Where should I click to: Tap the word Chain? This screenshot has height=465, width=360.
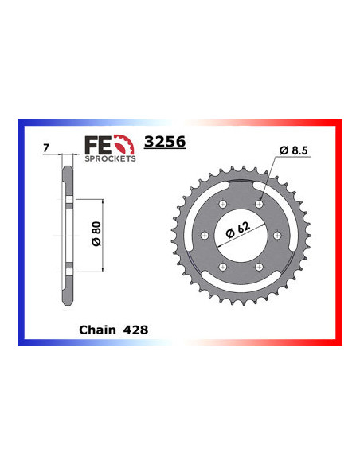97,328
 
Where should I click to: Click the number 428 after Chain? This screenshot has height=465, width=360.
136,328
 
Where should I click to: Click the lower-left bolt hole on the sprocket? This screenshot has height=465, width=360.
224,266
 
